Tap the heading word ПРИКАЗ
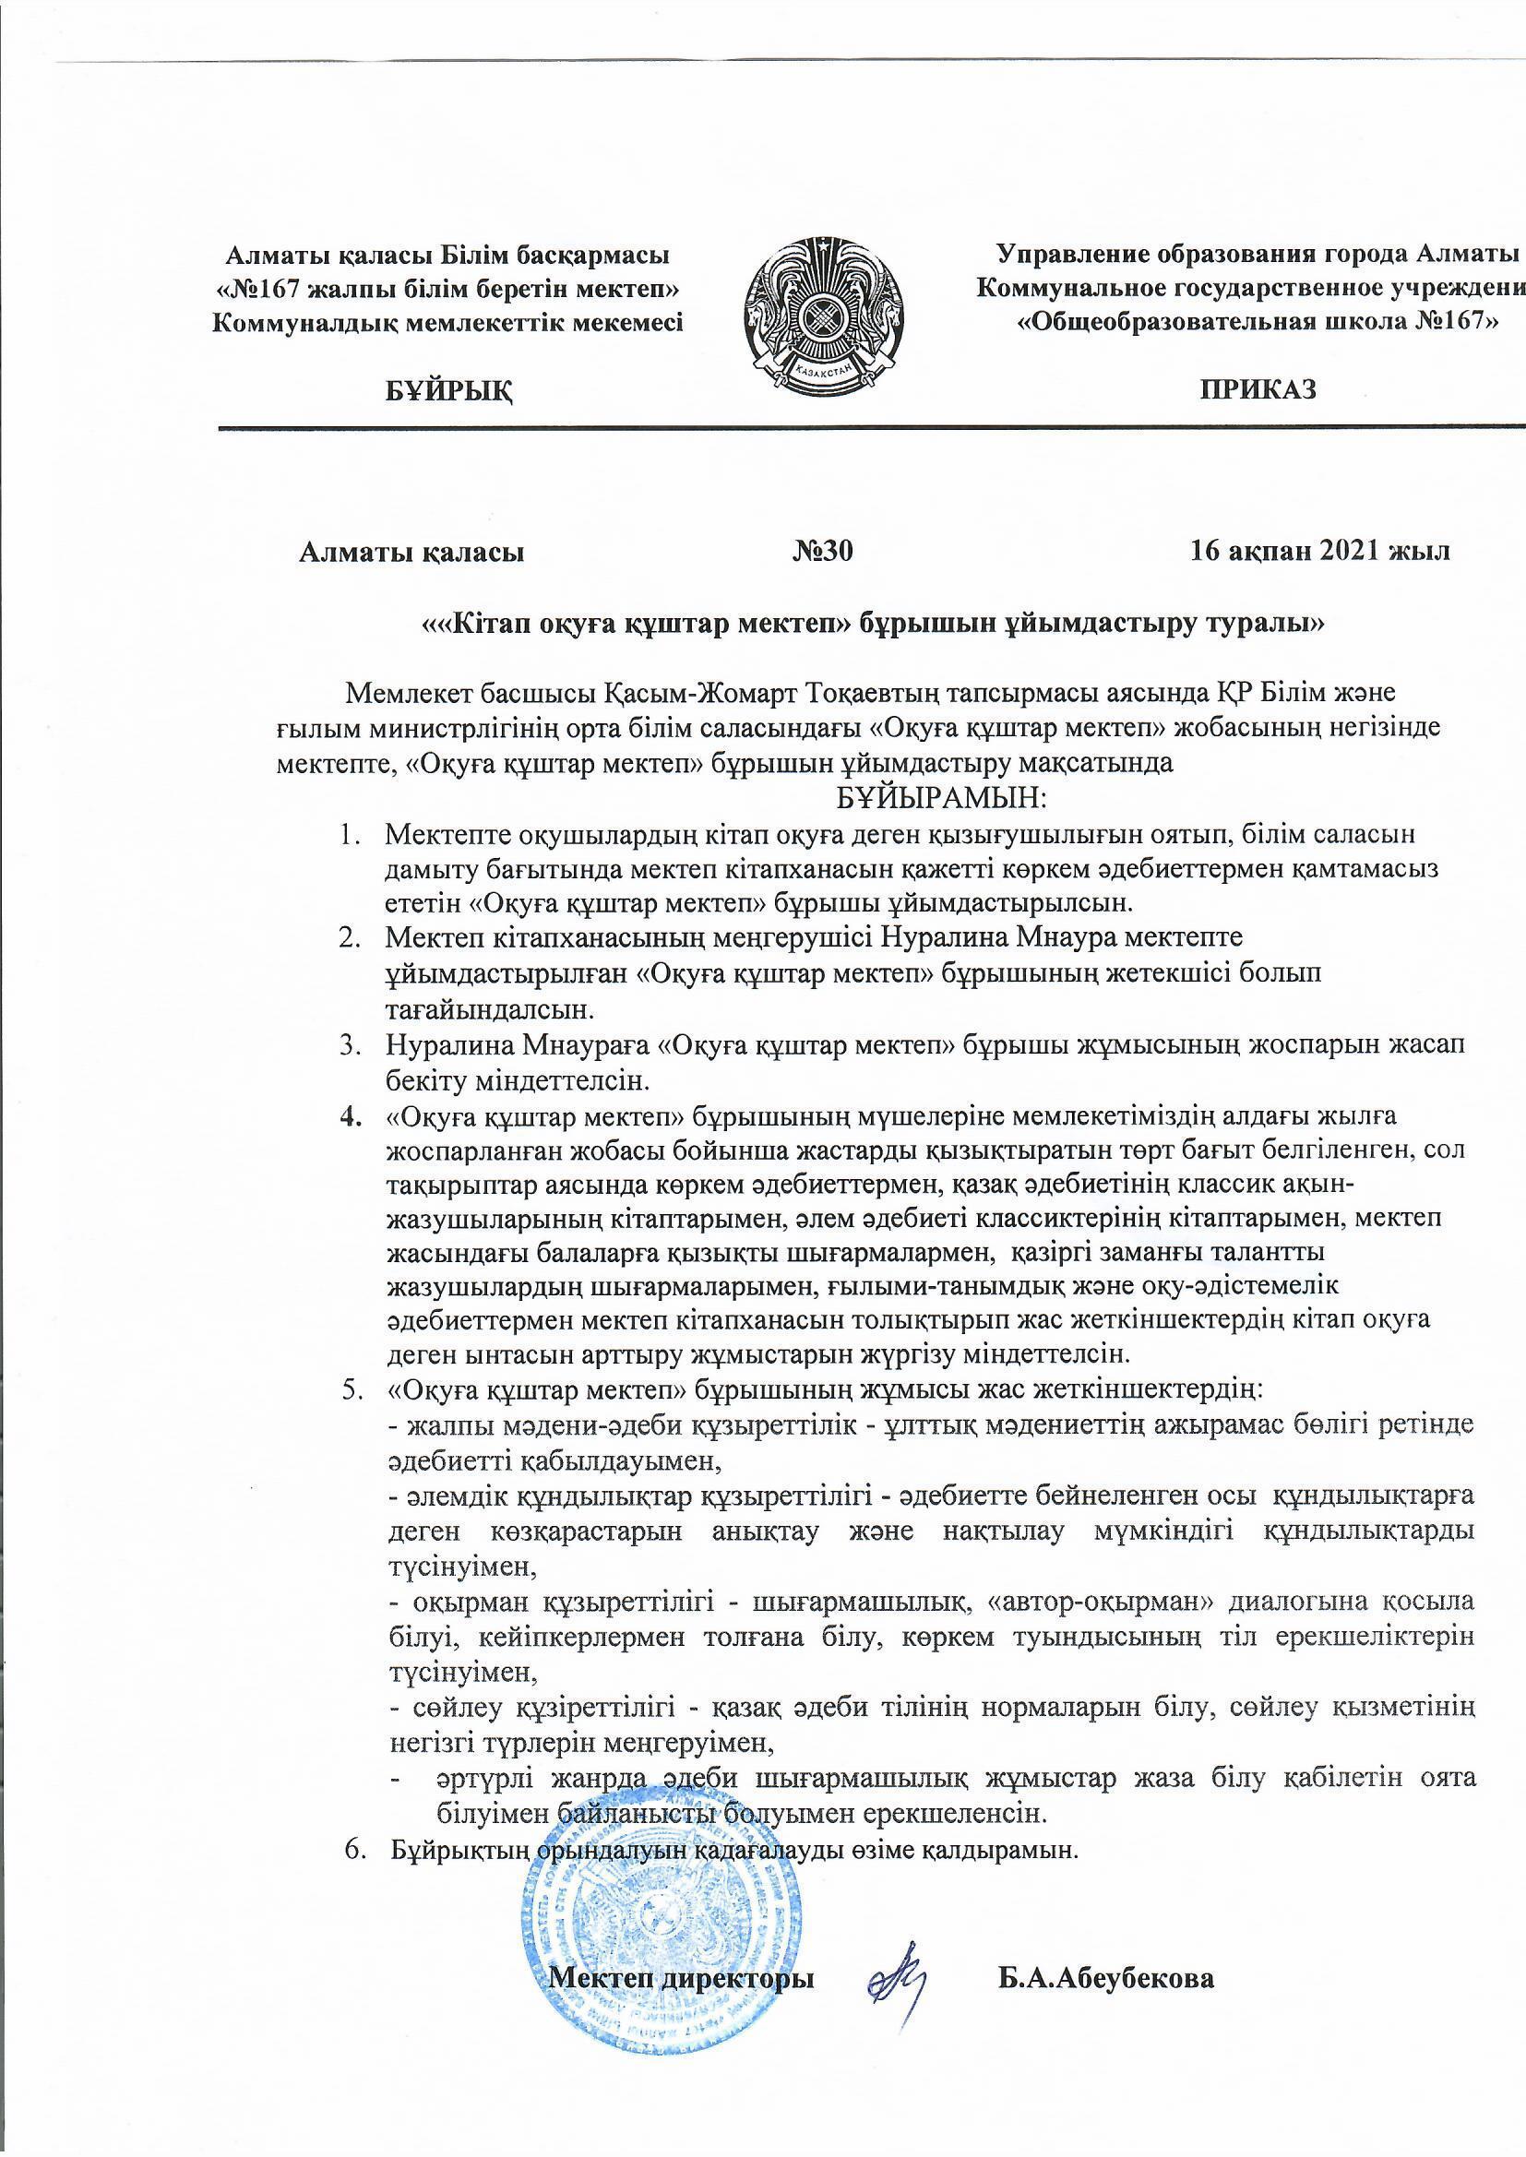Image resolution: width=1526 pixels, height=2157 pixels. point(1258,389)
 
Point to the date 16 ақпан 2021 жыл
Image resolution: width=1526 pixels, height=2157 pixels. point(1319,552)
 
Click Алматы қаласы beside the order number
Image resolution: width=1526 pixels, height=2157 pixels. point(411,553)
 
